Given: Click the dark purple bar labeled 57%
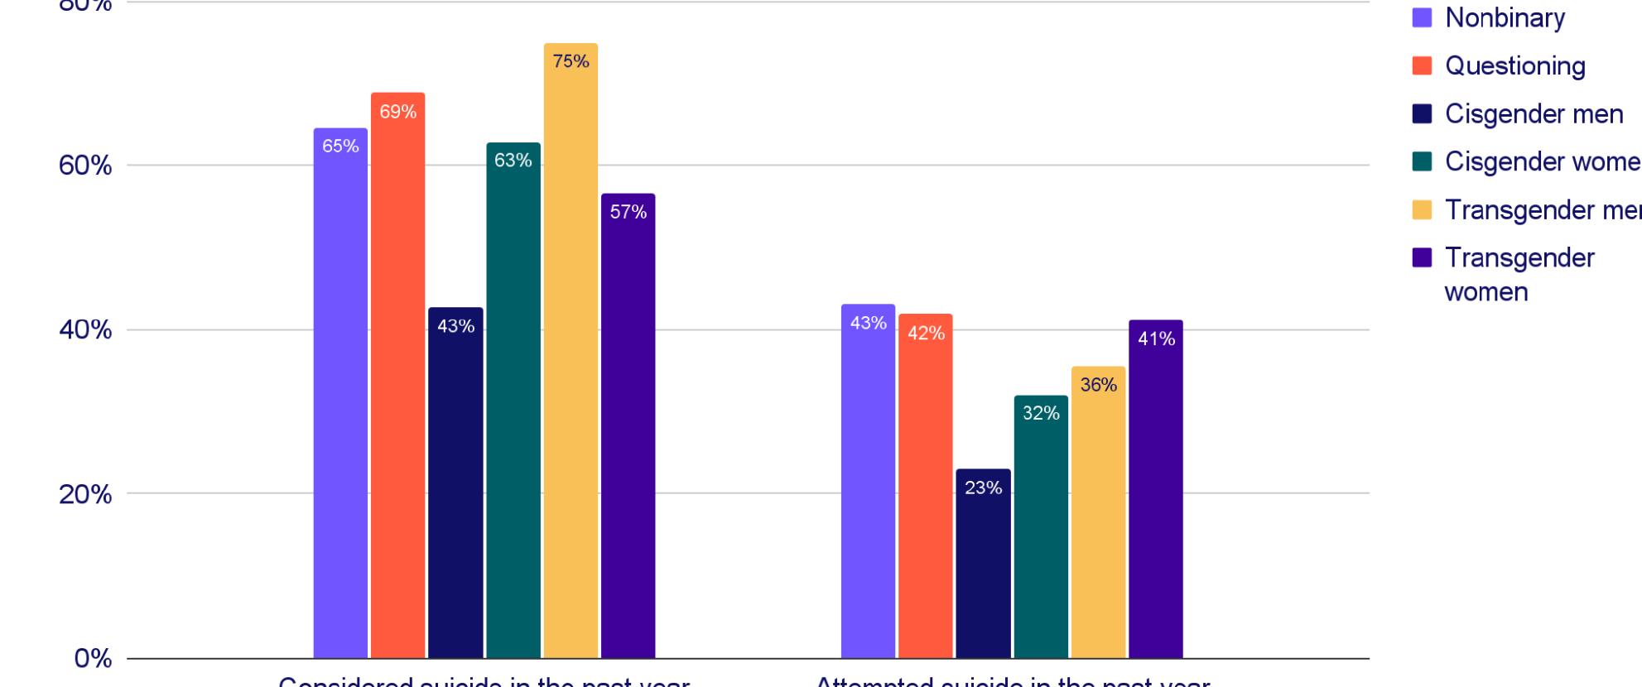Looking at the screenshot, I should pos(628,430).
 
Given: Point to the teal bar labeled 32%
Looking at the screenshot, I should pos(1041,530).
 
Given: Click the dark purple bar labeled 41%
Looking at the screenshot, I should pos(1155,497).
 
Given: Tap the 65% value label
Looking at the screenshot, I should pos(340,147).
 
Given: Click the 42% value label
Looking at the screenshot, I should pos(926,334).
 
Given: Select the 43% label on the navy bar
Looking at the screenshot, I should pos(455,327).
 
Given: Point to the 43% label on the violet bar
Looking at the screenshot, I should pos(868,324).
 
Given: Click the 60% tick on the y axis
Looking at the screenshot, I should pos(85,166).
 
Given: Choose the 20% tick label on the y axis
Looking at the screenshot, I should pos(85,494).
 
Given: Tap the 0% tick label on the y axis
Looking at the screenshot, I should pos(93,659).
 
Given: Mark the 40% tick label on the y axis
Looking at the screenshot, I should pos(85,330).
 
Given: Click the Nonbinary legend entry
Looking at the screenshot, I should pos(1504,18).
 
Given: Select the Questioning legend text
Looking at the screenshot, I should pos(1514,66).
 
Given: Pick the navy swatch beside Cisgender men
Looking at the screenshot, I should pos(1422,114).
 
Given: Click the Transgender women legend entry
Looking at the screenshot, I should pos(1519,274).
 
